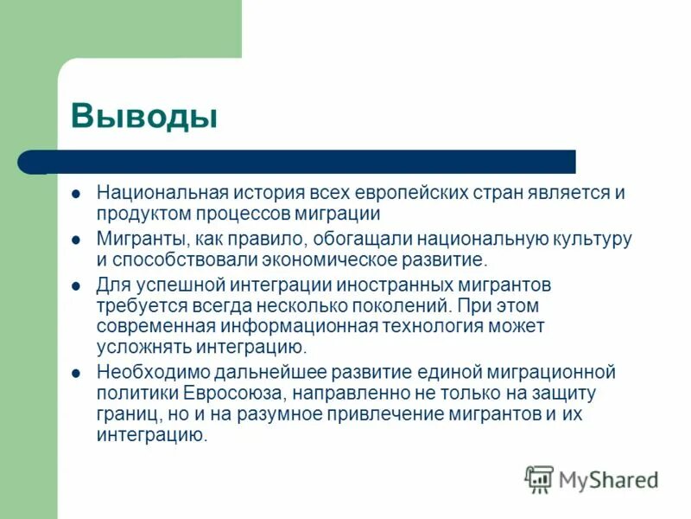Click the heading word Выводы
143,115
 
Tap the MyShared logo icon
539,478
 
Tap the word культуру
591,238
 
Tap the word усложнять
143,348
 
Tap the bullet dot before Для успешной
76,284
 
